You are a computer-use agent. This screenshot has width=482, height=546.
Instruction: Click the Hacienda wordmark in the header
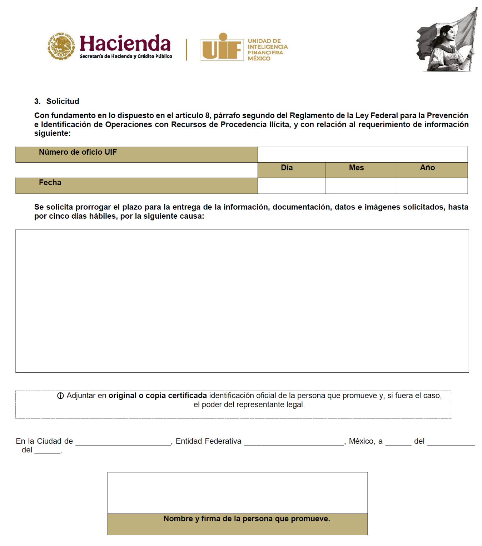[125, 44]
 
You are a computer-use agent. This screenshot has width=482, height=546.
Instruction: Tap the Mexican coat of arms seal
[61, 46]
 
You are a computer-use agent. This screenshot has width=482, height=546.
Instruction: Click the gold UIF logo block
[222, 47]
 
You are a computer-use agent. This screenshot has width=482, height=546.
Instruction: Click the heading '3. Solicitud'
[57, 101]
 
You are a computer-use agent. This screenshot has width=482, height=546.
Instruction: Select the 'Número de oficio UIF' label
[78, 152]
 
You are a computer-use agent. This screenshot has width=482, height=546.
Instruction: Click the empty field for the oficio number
[362, 155]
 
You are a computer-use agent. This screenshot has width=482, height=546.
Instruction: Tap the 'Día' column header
[287, 168]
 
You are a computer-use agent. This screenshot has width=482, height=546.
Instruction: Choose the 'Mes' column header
[356, 168]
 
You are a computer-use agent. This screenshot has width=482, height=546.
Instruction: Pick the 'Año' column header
[427, 168]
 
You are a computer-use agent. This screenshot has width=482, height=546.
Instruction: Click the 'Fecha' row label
[50, 183]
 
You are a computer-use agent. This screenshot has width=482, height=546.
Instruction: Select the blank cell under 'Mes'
[361, 186]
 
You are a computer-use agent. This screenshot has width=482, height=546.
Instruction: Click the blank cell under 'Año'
[432, 186]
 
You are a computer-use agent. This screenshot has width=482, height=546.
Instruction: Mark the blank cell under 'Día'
[292, 186]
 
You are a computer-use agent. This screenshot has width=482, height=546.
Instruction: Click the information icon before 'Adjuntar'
[61, 396]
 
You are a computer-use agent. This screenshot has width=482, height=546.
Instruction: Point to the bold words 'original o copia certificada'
[158, 396]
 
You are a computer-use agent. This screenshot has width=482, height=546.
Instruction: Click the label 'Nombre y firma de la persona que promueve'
[247, 519]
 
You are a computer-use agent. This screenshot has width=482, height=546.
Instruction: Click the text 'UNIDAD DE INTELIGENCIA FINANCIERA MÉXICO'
[268, 50]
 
